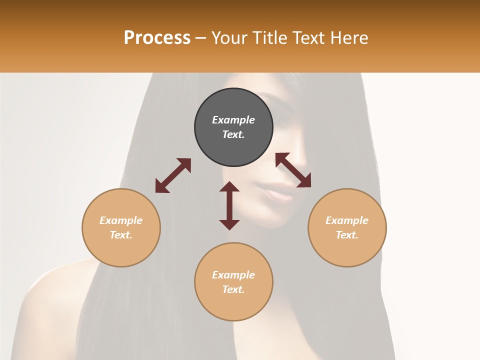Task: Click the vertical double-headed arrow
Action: point(229,205)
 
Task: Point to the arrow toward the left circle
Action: point(173,175)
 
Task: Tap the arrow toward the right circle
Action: point(293,170)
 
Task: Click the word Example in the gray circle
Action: point(233,120)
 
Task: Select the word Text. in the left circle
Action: point(121,235)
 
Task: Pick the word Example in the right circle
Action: point(347,220)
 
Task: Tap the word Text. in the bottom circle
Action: point(233,289)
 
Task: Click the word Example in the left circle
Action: point(121,220)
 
